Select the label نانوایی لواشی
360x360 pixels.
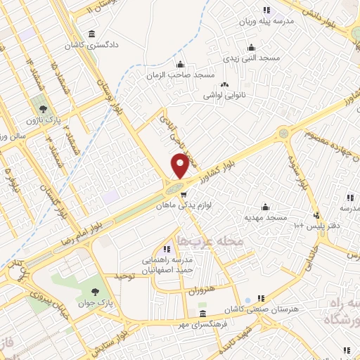tap(224, 94)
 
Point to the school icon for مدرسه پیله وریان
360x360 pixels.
tap(266, 10)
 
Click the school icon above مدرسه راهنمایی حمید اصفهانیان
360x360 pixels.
tap(167, 249)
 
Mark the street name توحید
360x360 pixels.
tap(124, 276)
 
